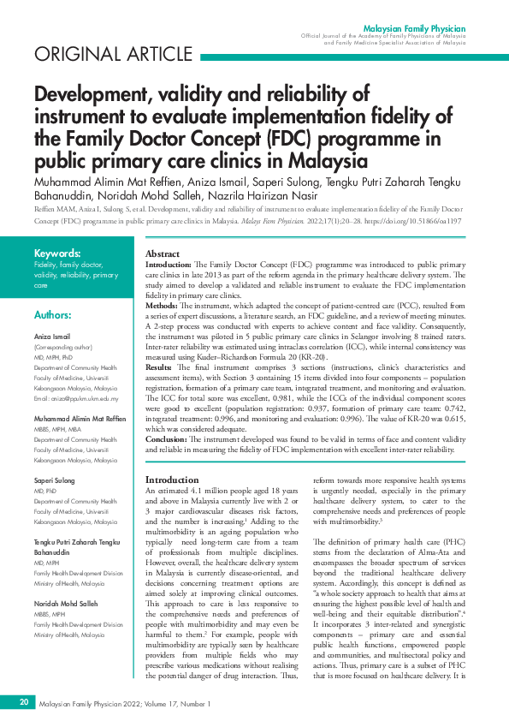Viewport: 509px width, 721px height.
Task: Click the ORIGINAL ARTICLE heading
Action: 102,56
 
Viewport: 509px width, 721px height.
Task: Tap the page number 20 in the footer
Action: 24,703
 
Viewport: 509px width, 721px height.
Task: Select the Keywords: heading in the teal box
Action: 57,253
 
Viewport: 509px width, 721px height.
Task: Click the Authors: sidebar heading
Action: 53,315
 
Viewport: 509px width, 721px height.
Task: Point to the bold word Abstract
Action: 163,255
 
